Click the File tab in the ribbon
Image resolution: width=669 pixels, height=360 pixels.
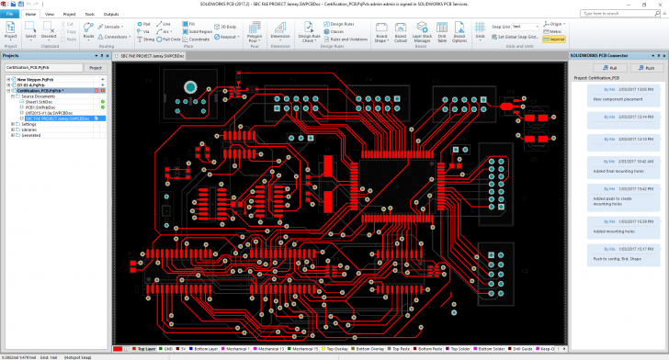12,15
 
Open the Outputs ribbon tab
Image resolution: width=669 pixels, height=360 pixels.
111,15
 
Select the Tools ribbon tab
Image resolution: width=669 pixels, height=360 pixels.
90,15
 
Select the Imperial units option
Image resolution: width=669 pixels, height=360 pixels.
555,39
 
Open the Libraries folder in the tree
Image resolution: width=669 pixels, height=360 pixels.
30,129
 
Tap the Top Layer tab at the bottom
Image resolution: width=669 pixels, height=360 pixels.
145,350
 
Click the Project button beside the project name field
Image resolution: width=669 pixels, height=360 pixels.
94,68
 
